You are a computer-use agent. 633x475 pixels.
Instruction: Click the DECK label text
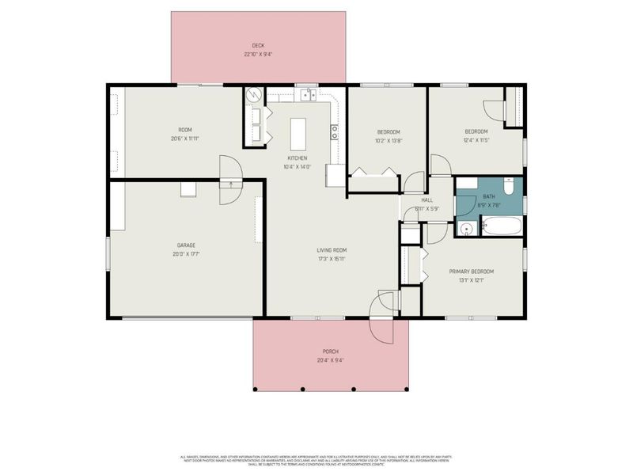point(258,46)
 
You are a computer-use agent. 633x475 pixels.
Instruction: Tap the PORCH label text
point(330,351)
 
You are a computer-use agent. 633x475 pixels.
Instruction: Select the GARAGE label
point(186,245)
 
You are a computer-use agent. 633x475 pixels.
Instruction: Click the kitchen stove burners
point(335,131)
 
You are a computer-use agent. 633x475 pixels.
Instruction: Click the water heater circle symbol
point(253,96)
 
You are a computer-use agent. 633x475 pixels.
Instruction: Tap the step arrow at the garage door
point(231,184)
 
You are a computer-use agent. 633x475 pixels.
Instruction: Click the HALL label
point(426,200)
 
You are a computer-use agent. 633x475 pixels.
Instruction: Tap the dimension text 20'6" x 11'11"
point(184,139)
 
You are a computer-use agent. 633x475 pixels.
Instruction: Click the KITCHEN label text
point(298,158)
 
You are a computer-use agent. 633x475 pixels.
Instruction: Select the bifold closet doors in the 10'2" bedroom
point(373,172)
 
